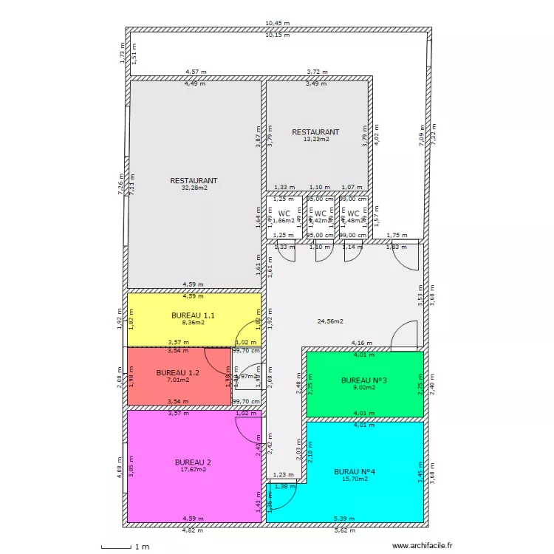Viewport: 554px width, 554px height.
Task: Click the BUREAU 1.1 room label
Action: point(193,315)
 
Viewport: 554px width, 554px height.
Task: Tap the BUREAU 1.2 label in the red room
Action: point(178,372)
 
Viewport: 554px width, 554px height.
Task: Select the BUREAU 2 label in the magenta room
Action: point(194,462)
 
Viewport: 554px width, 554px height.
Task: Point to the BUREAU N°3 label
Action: point(365,380)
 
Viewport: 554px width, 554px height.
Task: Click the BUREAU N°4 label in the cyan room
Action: point(355,471)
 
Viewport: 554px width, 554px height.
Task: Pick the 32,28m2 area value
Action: point(194,188)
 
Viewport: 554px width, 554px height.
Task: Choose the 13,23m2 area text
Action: point(315,139)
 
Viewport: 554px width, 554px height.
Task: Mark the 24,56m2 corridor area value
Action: point(330,321)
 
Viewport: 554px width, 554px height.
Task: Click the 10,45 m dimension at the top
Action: point(278,24)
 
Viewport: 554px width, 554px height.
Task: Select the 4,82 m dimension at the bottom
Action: point(194,530)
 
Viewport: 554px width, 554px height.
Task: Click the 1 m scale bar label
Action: point(142,547)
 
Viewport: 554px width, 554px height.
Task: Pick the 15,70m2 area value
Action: point(355,479)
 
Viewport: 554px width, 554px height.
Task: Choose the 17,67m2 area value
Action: point(194,469)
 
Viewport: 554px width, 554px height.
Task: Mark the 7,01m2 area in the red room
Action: point(178,380)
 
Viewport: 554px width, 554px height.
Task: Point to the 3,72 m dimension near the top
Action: point(317,72)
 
